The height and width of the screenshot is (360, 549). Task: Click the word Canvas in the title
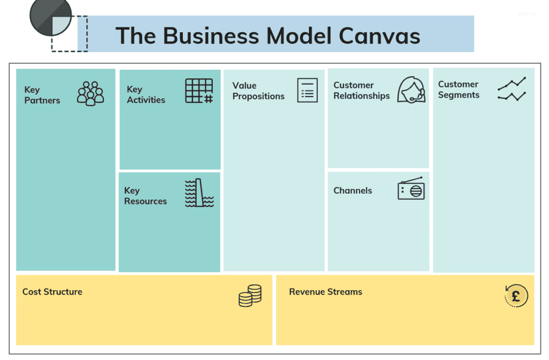380,35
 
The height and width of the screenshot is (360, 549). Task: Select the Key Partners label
42,95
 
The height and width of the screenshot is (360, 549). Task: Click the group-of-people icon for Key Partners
91,93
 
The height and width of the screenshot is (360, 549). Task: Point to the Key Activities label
146,94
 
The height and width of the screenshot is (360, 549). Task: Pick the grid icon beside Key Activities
199,91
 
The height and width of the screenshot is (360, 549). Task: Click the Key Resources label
145,196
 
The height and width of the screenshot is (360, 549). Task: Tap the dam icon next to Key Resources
199,193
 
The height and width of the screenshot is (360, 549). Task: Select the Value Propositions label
258,91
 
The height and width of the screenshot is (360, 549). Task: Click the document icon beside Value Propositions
307,90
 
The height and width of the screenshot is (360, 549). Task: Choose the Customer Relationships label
361,90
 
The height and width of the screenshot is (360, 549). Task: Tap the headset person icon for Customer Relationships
411,90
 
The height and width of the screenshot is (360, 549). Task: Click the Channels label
353,190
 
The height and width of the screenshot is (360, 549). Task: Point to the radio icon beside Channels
411,189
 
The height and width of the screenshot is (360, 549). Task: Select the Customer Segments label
458,90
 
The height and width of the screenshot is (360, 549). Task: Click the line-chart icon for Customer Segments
511,89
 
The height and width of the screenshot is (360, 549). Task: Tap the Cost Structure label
53,292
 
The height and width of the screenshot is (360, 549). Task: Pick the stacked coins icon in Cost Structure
250,296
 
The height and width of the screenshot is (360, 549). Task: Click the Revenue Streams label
325,292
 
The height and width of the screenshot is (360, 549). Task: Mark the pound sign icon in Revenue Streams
516,296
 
